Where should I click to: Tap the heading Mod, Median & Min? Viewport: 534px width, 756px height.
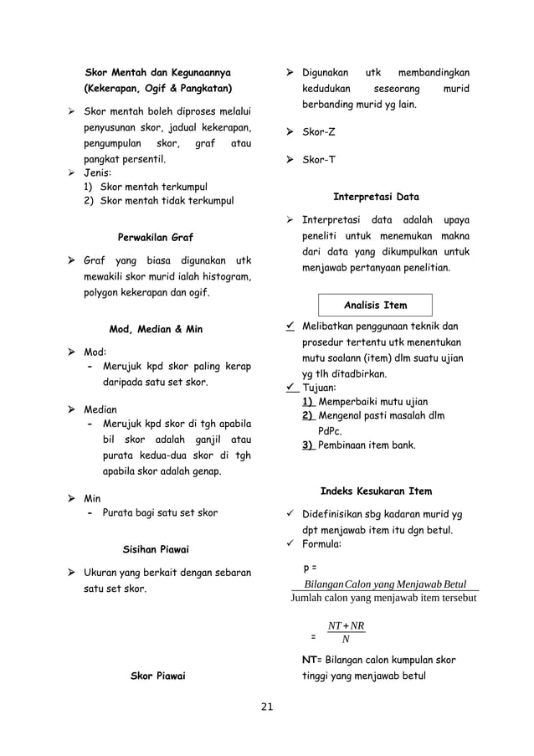tap(156, 329)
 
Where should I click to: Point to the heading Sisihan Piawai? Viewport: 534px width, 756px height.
tap(156, 549)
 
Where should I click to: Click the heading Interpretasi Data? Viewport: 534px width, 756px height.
tap(377, 198)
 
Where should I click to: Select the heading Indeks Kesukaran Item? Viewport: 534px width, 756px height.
tap(377, 490)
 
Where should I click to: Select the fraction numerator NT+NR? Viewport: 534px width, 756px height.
tap(346, 626)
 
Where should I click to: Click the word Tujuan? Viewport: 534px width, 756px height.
tap(320, 388)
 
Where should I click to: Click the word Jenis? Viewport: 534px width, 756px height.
tap(100, 174)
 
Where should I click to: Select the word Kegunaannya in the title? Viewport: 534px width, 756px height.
tap(198, 71)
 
